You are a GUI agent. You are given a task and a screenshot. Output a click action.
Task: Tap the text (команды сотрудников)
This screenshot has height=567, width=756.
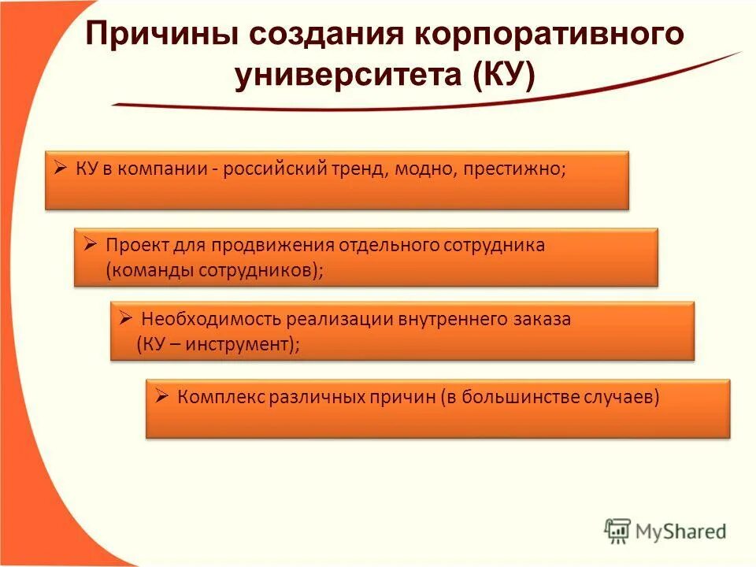[x=213, y=269]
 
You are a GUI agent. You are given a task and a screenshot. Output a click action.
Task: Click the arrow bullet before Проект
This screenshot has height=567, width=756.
[x=90, y=244]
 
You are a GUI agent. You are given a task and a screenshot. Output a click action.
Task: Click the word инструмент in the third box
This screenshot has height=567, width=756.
[x=239, y=345]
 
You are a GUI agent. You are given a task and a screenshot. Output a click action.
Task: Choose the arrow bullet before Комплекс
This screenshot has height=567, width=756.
[x=161, y=396]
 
